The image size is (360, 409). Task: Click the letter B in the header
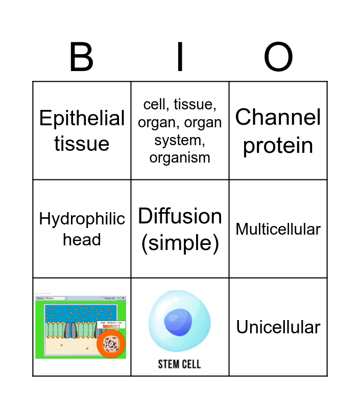pyautogui.click(x=81, y=57)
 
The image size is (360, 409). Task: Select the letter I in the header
pyautogui.click(x=180, y=57)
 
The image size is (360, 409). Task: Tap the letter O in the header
pyautogui.click(x=278, y=57)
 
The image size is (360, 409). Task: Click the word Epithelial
pyautogui.click(x=82, y=119)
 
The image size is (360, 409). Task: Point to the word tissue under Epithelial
pyautogui.click(x=82, y=144)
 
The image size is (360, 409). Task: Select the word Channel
pyautogui.click(x=278, y=118)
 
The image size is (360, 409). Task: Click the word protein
pyautogui.click(x=278, y=145)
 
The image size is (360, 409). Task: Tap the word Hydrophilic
pyautogui.click(x=82, y=219)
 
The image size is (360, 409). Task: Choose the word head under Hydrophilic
pyautogui.click(x=82, y=239)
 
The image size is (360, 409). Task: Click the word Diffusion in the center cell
pyautogui.click(x=180, y=216)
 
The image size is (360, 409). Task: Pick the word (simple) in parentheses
pyautogui.click(x=180, y=243)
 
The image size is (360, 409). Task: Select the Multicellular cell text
pyautogui.click(x=278, y=229)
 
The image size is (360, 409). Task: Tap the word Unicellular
pyautogui.click(x=278, y=327)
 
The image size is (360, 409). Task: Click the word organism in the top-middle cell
pyautogui.click(x=180, y=157)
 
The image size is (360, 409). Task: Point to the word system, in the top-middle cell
pyautogui.click(x=180, y=140)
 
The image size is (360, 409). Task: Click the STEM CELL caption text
pyautogui.click(x=179, y=364)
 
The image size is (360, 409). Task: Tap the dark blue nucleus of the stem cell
pyautogui.click(x=178, y=323)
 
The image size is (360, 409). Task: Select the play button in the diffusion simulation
pyautogui.click(x=124, y=298)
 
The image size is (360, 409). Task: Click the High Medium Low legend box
pyautogui.click(x=111, y=323)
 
